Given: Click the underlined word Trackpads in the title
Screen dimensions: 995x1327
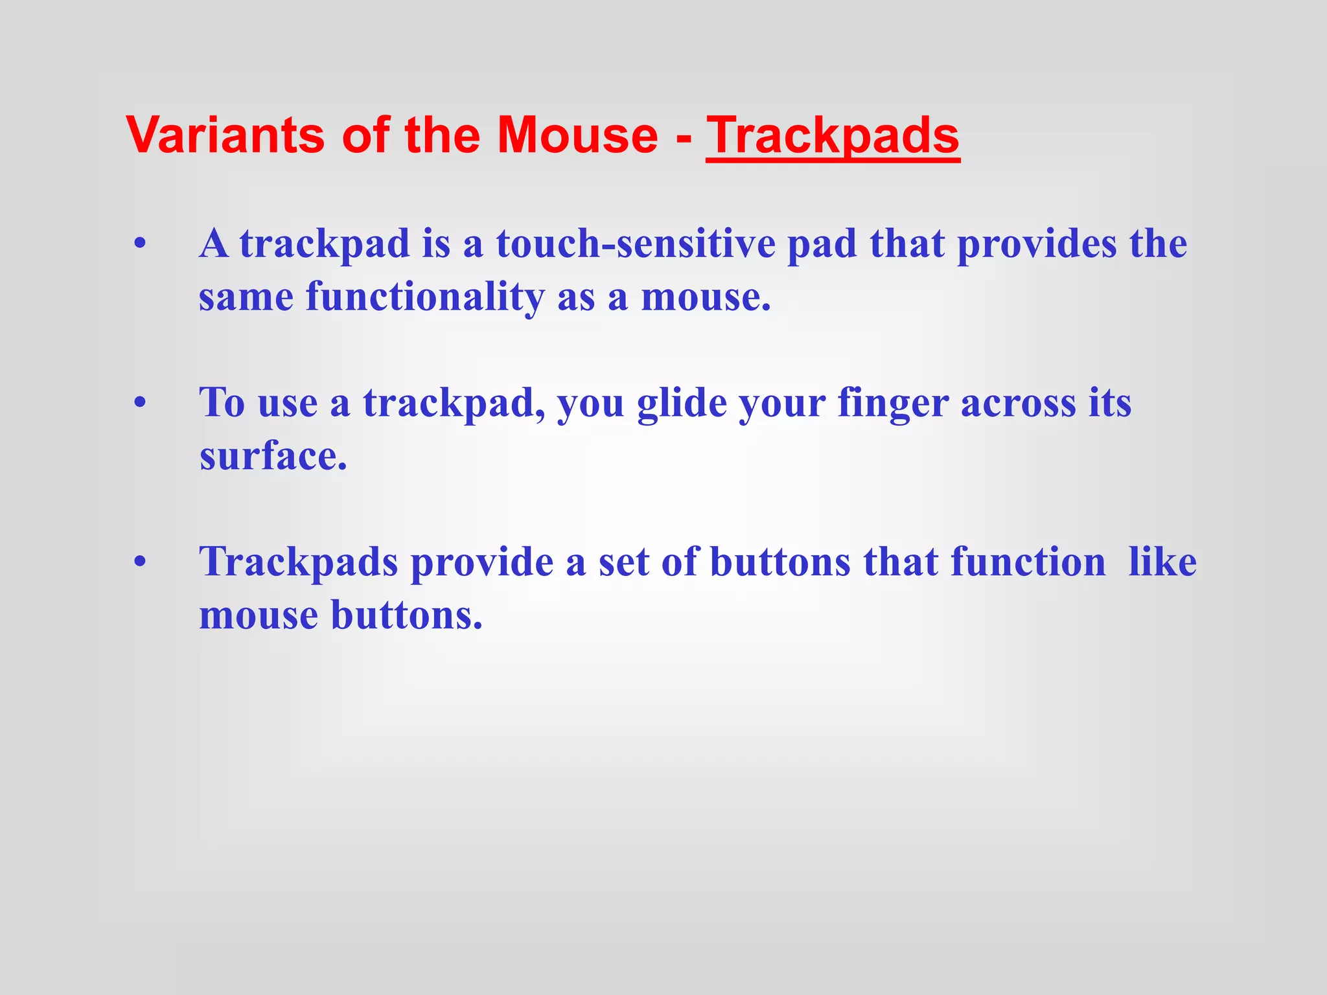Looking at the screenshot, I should pyautogui.click(x=833, y=136).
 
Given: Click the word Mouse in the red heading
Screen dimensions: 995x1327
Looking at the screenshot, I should pyautogui.click(x=577, y=136).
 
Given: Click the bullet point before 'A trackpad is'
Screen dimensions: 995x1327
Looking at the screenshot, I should pyautogui.click(x=140, y=246).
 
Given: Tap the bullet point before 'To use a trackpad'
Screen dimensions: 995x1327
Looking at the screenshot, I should pyautogui.click(x=140, y=404).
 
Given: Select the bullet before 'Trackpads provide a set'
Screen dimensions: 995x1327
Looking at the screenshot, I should pyautogui.click(x=140, y=562).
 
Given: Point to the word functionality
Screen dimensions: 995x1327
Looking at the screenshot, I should pyautogui.click(x=426, y=297).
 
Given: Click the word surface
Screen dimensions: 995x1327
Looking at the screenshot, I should pyautogui.click(x=272, y=456).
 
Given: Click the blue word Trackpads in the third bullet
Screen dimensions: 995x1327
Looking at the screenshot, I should pyautogui.click(x=299, y=562).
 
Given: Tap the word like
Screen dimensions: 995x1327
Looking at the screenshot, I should pyautogui.click(x=1162, y=562).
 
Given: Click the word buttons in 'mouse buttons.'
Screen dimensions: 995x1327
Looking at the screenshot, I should pyautogui.click(x=406, y=615).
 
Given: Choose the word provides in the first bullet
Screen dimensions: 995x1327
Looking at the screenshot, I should pyautogui.click(x=1037, y=244).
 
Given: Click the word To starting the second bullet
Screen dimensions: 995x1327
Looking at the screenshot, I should pyautogui.click(x=222, y=403).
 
